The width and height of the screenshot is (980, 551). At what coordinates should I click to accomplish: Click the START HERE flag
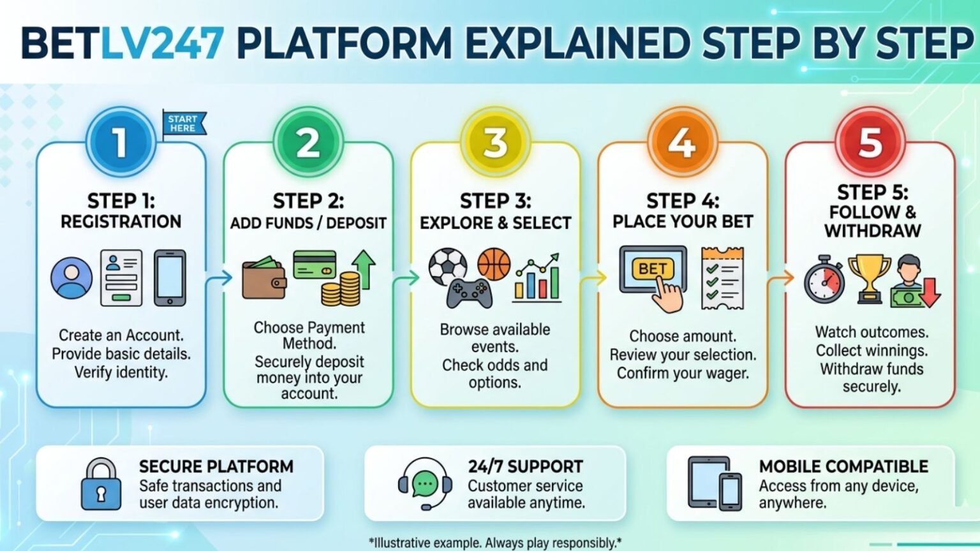(x=183, y=124)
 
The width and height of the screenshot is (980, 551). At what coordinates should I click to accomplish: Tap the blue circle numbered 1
(x=121, y=142)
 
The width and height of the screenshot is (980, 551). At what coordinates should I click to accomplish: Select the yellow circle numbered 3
(x=495, y=142)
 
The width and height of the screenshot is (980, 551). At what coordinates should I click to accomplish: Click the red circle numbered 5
(x=870, y=142)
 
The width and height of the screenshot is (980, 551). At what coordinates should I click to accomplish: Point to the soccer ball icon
(x=448, y=267)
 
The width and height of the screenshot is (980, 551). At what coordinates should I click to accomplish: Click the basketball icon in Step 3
(x=494, y=264)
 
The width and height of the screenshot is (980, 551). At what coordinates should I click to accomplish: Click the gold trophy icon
(x=869, y=278)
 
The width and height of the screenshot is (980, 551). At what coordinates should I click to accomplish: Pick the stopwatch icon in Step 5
(x=824, y=280)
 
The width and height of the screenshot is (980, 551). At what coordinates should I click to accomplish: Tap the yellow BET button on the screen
(x=652, y=269)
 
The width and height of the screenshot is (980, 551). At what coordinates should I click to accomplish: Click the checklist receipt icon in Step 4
(x=722, y=278)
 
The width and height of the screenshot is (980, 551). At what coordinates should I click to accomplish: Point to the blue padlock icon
(x=101, y=485)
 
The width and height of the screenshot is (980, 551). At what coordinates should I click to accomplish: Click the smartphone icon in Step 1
(x=170, y=278)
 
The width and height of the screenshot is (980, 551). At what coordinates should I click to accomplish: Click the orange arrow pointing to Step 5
(x=780, y=278)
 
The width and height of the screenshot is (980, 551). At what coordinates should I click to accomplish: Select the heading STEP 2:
(x=308, y=202)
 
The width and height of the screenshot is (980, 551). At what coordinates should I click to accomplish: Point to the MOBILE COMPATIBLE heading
(x=843, y=467)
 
